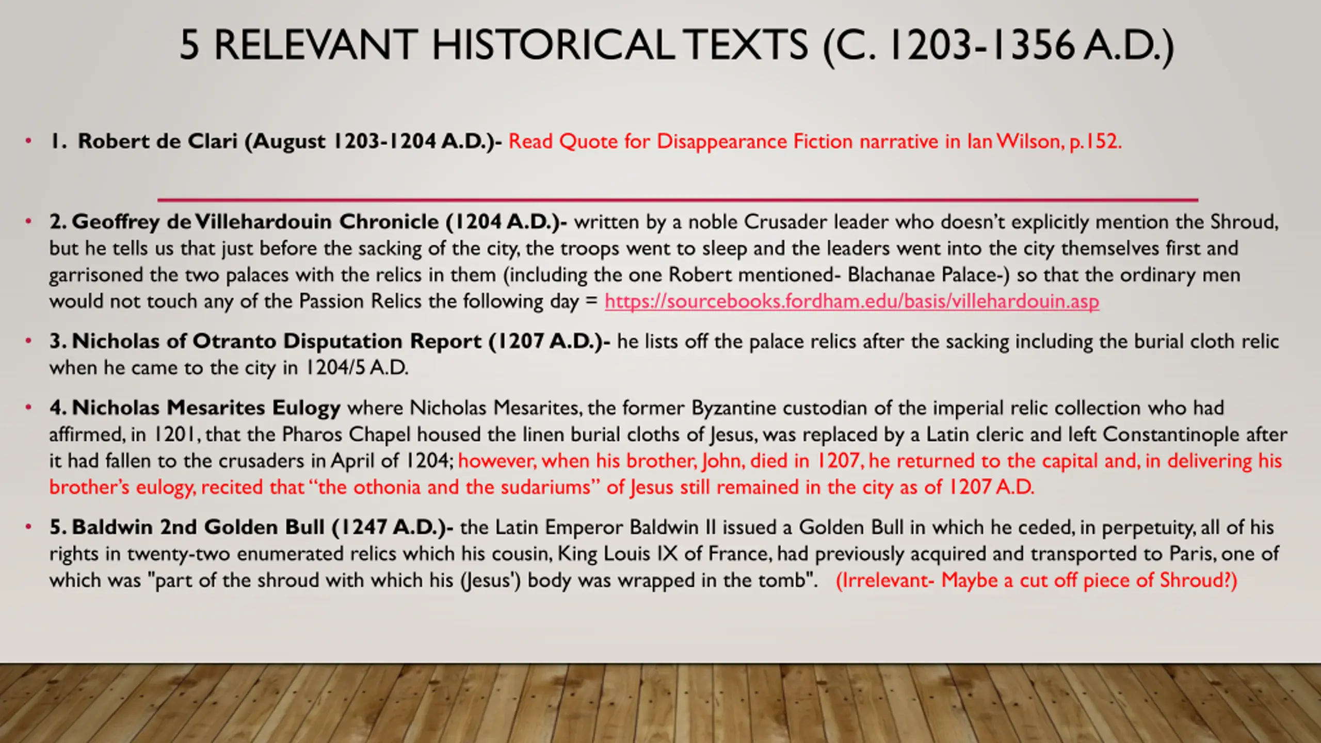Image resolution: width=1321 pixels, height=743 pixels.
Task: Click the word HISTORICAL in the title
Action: click(553, 45)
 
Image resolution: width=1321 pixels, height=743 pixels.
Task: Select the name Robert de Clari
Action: click(157, 141)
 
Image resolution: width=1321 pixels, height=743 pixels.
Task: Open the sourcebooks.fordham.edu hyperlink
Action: click(852, 301)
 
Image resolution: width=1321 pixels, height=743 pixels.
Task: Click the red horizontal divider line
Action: click(678, 200)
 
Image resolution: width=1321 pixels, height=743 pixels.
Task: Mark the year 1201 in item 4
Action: click(176, 434)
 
